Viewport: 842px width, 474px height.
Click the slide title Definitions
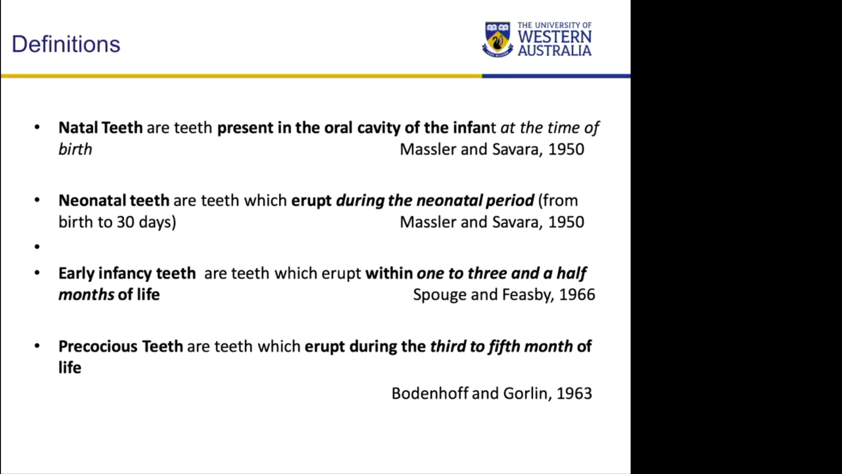(x=66, y=44)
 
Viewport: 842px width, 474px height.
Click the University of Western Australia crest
(x=498, y=39)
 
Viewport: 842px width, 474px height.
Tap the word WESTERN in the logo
(x=555, y=37)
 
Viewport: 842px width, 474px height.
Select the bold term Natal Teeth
(x=100, y=128)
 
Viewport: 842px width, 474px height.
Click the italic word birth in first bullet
(x=75, y=149)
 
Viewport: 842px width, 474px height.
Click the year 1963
(x=574, y=393)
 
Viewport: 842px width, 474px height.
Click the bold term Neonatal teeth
(x=114, y=201)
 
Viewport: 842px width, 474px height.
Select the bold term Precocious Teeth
(x=121, y=346)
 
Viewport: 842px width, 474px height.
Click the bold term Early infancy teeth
(x=127, y=274)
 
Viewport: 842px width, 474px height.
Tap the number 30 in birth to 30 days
(x=125, y=222)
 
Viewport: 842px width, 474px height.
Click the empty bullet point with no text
(x=37, y=247)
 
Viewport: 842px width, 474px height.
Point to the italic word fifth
(x=504, y=347)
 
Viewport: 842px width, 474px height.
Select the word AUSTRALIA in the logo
(x=555, y=50)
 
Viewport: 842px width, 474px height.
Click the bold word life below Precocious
(x=70, y=367)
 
